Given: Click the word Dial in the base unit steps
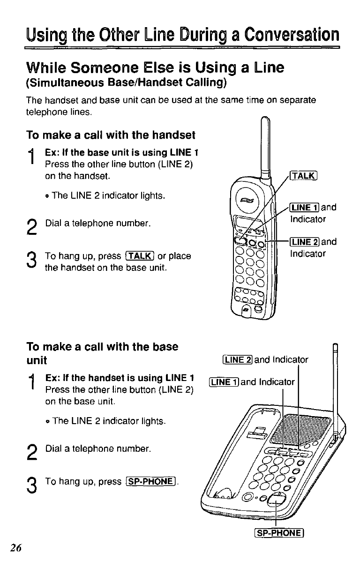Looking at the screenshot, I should point(52,449).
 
